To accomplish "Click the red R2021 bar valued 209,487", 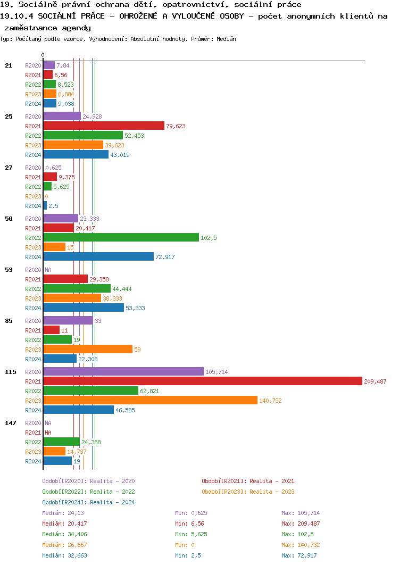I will tap(203, 381).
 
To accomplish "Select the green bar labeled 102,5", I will tap(121, 237).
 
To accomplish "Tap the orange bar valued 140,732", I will tap(150, 400).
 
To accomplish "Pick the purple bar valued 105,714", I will tap(123, 371).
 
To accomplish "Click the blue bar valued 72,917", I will tap(98, 256).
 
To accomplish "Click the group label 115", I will tap(10, 372).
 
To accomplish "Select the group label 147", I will tap(10, 423).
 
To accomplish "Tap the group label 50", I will tap(9, 219).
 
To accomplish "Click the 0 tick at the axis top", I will tap(43, 55).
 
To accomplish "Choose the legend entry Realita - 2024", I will tap(88, 502).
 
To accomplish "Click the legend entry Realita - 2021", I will tap(248, 481).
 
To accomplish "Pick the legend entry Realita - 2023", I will tap(248, 492).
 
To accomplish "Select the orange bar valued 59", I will tap(88, 349).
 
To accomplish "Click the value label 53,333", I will tap(135, 308).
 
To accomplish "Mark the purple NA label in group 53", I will tap(48, 270).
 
